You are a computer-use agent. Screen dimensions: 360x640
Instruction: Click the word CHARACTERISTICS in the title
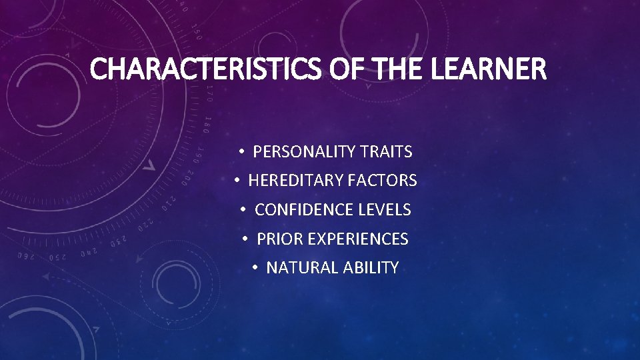(x=207, y=69)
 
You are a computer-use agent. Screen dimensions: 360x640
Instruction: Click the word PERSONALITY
(x=303, y=152)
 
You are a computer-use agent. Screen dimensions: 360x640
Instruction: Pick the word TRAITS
(x=386, y=152)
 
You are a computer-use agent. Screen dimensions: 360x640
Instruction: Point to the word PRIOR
(x=275, y=239)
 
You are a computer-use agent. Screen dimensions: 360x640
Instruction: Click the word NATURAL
(x=302, y=268)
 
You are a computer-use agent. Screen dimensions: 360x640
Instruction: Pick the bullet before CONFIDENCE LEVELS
(x=244, y=210)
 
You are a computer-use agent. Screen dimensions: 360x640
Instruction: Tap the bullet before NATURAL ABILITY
(x=255, y=268)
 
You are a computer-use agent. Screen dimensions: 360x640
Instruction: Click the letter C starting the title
(x=99, y=69)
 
